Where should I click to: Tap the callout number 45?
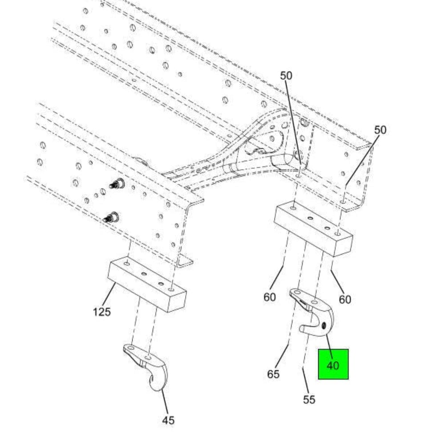pyautogui.click(x=168, y=420)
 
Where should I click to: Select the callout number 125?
pyautogui.click(x=101, y=312)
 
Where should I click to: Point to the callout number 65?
pyautogui.click(x=273, y=374)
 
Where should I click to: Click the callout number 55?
pyautogui.click(x=309, y=399)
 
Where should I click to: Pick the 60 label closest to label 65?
pyautogui.click(x=270, y=297)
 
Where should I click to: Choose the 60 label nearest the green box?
pyautogui.click(x=345, y=300)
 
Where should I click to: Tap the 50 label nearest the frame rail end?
pyautogui.click(x=380, y=130)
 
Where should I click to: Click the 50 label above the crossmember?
pyautogui.click(x=286, y=76)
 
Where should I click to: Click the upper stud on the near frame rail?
pyautogui.click(x=118, y=183)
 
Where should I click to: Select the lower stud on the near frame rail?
pyautogui.click(x=112, y=218)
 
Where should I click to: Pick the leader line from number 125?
pyautogui.click(x=109, y=294)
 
